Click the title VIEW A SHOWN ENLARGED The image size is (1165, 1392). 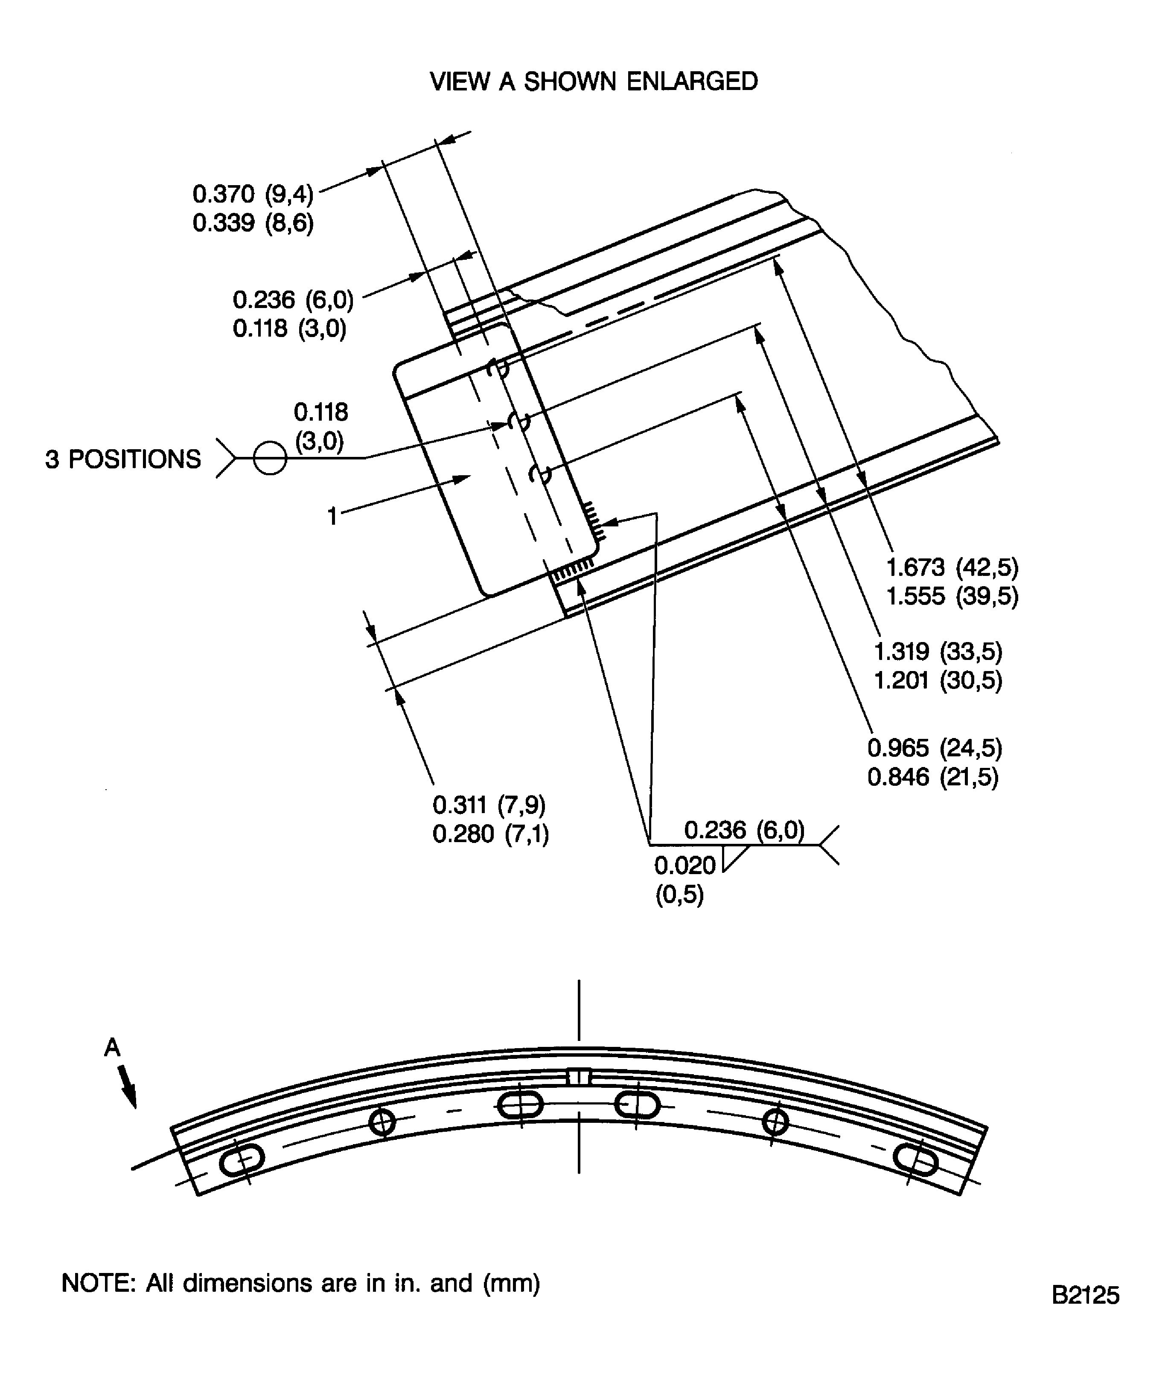click(x=594, y=81)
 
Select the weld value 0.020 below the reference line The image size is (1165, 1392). click(x=685, y=866)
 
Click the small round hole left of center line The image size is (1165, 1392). click(x=382, y=1122)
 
